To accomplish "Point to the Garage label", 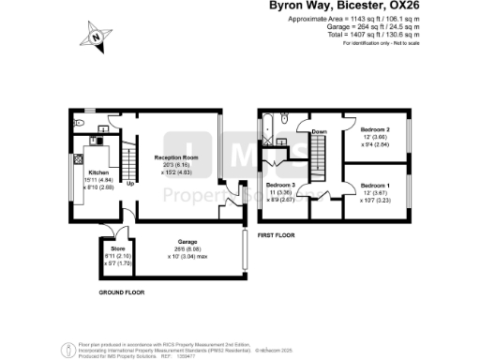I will (181, 246).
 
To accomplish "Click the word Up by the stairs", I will (129, 183).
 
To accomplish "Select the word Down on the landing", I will (319, 132).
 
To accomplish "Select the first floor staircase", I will (320, 151).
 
